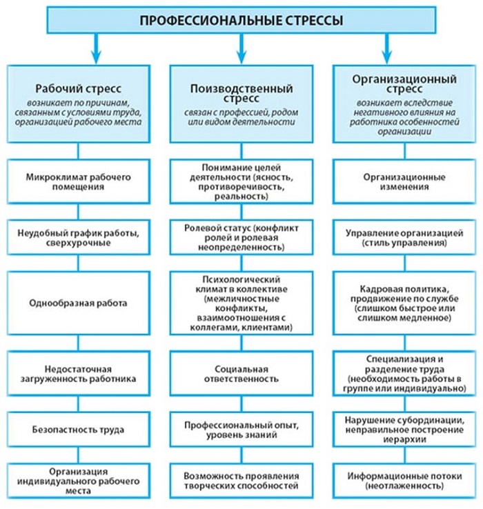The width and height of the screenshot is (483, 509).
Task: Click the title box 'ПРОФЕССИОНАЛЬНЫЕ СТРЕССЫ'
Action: [241, 21]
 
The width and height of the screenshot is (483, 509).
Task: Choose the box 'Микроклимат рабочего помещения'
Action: [79, 181]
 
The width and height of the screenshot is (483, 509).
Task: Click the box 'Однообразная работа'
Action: [79, 302]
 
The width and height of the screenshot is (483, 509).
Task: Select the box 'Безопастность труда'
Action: [79, 429]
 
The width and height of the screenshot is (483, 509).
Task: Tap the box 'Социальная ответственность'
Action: [241, 373]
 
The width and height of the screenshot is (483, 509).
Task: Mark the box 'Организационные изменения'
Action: [404, 181]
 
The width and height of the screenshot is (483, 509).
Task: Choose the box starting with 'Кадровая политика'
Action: [404, 302]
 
